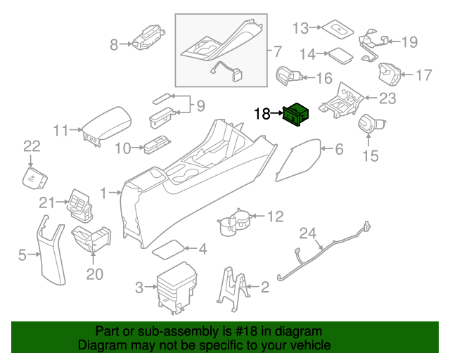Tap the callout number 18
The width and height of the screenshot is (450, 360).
[x=262, y=113]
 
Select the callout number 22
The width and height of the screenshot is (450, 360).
[x=32, y=146]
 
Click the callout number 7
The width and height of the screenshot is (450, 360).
[x=276, y=51]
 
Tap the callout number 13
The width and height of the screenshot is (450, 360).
[x=301, y=29]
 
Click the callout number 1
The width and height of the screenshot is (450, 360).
[x=105, y=192]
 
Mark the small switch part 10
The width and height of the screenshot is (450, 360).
[x=155, y=146]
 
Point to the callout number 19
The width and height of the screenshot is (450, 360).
[x=409, y=42]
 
